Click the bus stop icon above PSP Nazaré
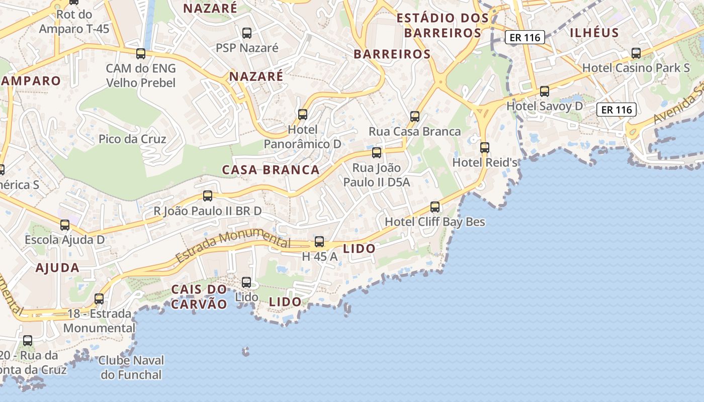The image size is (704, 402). [247, 33]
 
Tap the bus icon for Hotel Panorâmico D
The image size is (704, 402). [303, 115]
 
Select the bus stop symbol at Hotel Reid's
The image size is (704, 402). [485, 148]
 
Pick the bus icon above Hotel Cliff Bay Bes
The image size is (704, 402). [435, 207]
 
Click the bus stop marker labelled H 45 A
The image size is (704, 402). [319, 242]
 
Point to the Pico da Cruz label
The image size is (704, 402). [132, 139]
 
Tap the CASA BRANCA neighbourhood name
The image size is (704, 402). [271, 170]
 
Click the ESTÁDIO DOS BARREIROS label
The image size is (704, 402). [443, 26]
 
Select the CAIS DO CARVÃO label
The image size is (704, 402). [199, 296]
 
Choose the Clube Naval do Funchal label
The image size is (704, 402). [131, 367]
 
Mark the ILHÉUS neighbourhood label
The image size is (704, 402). [594, 33]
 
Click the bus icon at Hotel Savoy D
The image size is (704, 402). [545, 91]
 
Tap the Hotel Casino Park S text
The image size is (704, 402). [636, 68]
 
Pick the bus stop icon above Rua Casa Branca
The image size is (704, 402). [415, 117]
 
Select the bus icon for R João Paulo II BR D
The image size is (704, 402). [208, 196]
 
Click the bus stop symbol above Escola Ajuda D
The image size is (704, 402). [65, 225]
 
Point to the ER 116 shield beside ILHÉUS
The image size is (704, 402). [525, 37]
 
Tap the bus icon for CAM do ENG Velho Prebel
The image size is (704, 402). [141, 53]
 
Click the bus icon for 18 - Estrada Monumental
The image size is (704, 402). [99, 299]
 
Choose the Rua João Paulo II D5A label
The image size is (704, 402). [377, 175]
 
